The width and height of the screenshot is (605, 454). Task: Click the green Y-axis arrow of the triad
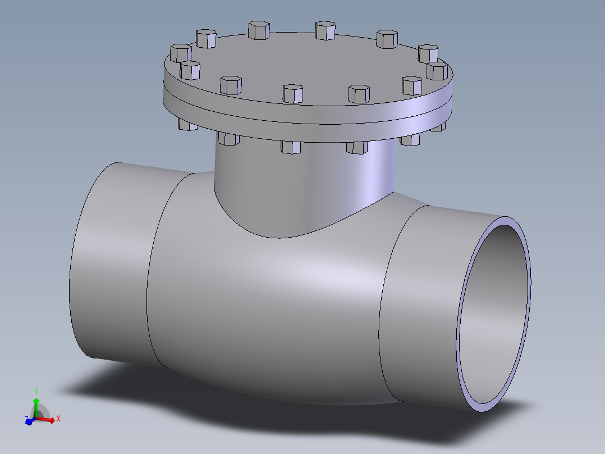coord(36,406)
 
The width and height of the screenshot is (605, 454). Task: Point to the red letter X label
coord(58,419)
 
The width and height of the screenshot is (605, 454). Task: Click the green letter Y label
coord(36,391)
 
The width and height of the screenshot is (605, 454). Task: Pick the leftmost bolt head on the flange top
coord(180,53)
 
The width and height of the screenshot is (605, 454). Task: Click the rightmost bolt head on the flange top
coord(437,71)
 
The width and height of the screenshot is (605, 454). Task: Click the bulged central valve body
coord(269,303)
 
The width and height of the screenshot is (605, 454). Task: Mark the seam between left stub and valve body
coord(148,281)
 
